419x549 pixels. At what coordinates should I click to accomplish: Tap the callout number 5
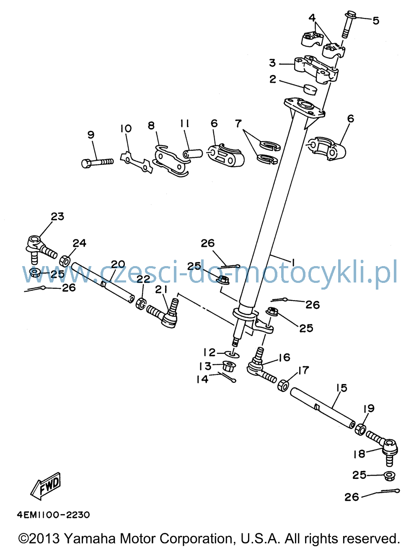tap(376, 21)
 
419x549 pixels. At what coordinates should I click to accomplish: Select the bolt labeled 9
tap(97, 162)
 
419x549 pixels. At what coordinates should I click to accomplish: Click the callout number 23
tap(58, 216)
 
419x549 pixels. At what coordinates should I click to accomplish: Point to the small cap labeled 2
tap(309, 89)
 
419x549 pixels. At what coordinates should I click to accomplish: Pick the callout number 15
tap(341, 388)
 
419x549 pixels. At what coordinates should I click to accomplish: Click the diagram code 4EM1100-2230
tap(53, 515)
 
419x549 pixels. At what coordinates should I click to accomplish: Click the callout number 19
tap(369, 408)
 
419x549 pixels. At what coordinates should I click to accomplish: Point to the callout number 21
tap(161, 290)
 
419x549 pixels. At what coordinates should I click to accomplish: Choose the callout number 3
tap(272, 63)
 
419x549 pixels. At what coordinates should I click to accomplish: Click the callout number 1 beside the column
tap(293, 263)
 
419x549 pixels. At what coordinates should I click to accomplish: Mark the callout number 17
tap(304, 370)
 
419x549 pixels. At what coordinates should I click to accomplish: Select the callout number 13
tap(205, 366)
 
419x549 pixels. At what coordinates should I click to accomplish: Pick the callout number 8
tap(151, 125)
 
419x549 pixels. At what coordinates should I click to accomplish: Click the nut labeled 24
tap(65, 261)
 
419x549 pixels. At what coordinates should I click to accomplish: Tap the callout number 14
tap(202, 379)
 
